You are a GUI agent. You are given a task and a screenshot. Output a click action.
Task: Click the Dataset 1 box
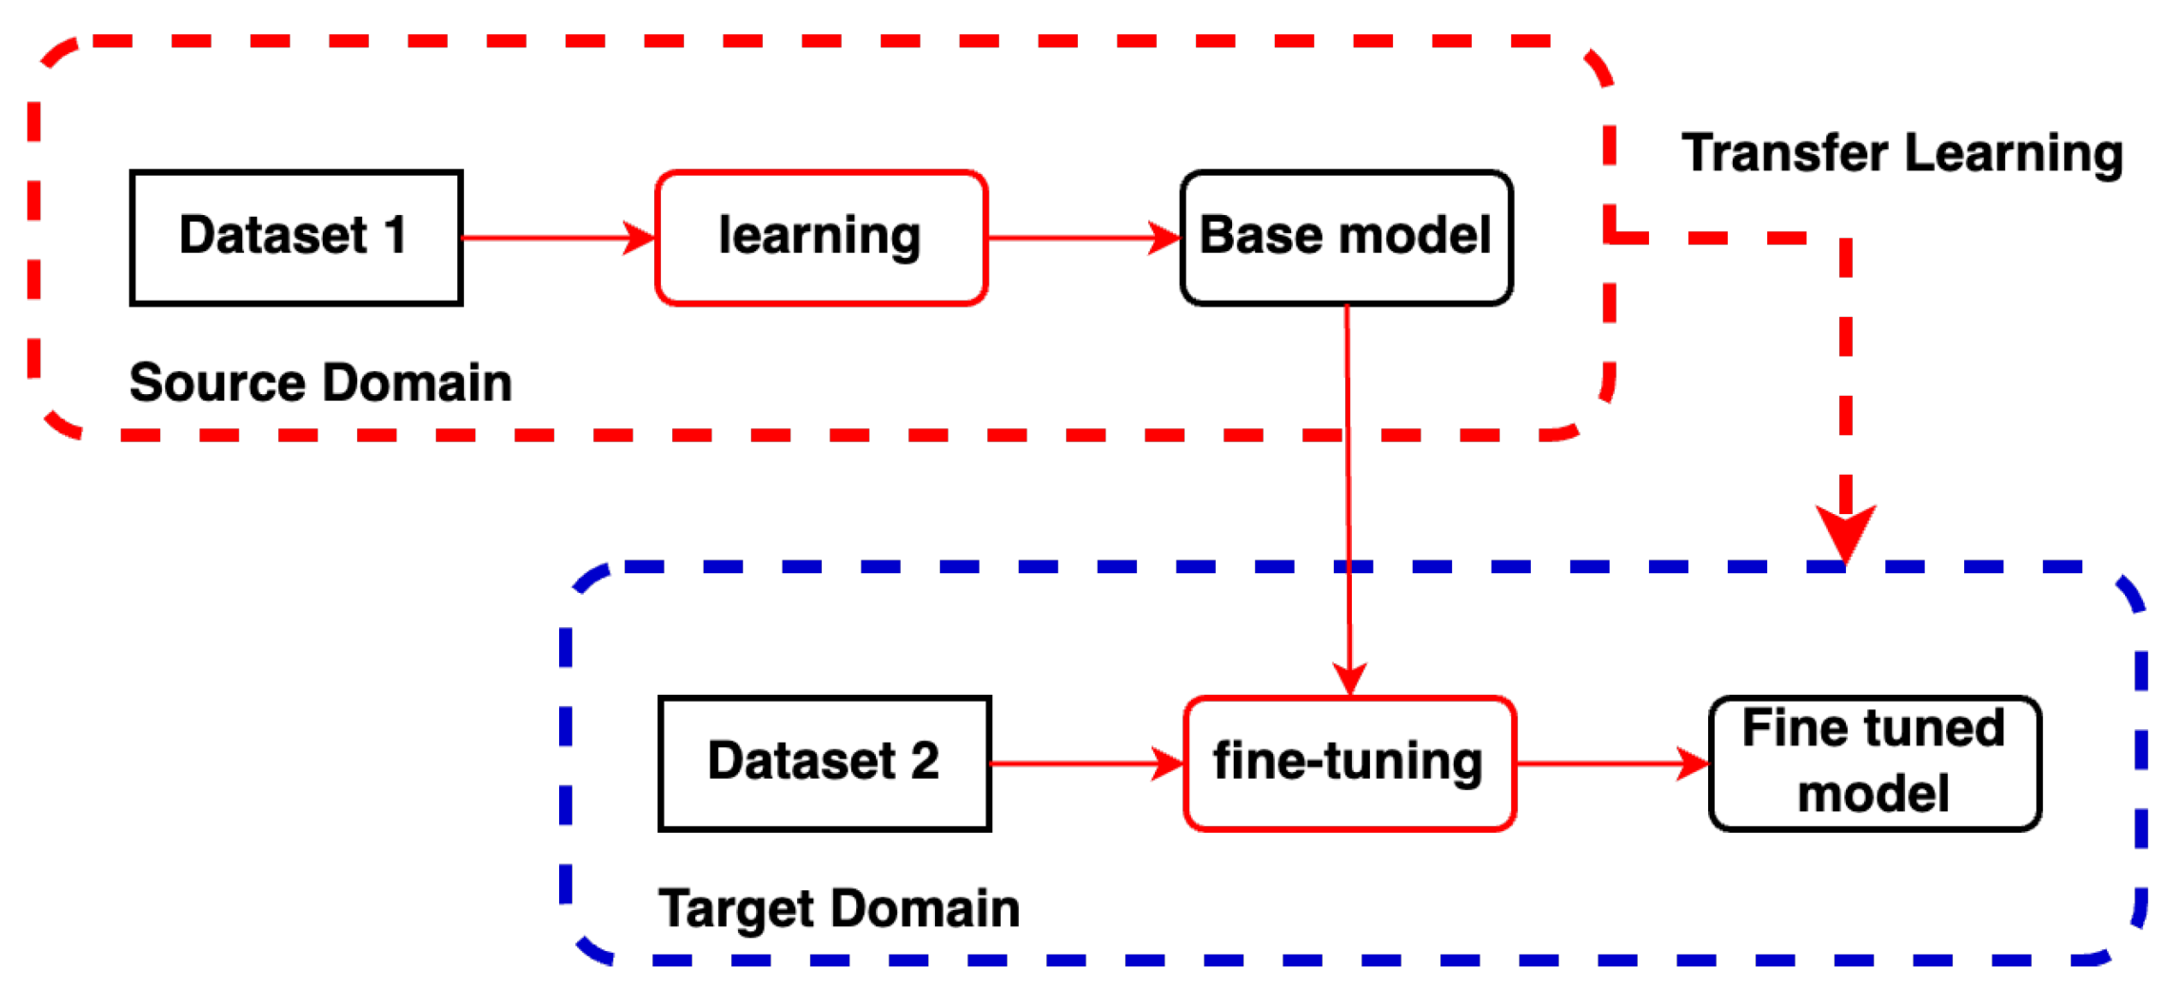point(296,237)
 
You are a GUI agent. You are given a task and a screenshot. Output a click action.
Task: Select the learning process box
point(821,237)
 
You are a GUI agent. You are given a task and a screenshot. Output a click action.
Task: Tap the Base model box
point(1345,237)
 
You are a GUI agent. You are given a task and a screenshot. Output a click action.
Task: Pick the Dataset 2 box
point(824,763)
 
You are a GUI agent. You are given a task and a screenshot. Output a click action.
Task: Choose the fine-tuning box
point(1348,763)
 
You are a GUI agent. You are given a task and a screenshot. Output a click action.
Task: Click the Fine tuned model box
point(1873,763)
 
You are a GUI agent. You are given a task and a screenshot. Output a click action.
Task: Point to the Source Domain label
point(320,382)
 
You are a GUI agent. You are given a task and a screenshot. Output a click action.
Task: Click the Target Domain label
point(838,907)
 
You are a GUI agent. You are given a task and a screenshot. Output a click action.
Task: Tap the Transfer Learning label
point(1901,153)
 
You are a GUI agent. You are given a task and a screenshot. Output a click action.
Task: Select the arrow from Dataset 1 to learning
point(557,237)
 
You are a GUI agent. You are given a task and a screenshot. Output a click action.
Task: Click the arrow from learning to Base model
point(1083,237)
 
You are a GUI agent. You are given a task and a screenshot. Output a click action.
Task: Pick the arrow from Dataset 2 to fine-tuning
point(1086,763)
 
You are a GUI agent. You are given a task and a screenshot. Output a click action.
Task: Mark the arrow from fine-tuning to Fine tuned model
point(1611,763)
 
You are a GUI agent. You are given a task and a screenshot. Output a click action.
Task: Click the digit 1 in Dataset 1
point(396,235)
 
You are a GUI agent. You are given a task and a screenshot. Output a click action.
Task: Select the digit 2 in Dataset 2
point(925,760)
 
